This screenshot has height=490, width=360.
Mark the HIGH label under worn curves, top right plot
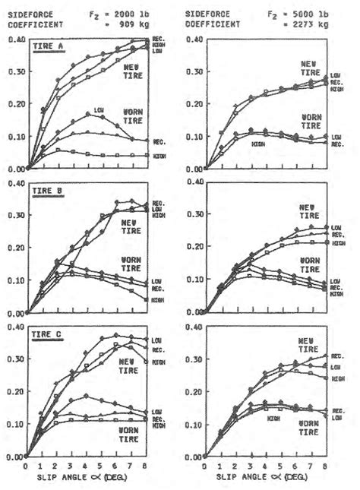click(x=259, y=144)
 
